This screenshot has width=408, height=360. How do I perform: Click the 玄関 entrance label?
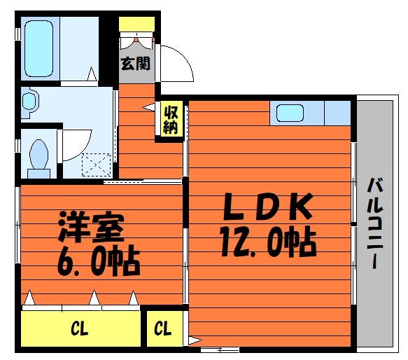136,64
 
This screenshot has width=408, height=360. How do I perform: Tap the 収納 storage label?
171,120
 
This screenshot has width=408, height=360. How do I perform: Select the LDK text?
268,207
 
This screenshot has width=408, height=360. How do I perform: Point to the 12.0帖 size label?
268,242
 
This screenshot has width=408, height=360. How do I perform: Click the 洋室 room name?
91,226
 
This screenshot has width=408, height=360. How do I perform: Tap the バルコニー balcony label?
374,223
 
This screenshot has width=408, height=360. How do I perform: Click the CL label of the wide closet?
80,328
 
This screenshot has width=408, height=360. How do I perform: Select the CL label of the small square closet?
162,328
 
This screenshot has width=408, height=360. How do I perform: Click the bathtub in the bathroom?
39,49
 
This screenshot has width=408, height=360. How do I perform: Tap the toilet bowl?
39,159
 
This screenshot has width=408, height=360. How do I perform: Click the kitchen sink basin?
290,113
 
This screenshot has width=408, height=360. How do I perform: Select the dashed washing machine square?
97,165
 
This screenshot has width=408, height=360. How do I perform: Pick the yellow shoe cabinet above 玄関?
137,25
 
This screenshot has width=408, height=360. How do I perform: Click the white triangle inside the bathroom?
92,74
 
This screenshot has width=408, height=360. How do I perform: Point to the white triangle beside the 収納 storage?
149,107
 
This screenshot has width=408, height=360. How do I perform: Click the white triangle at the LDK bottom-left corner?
195,340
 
